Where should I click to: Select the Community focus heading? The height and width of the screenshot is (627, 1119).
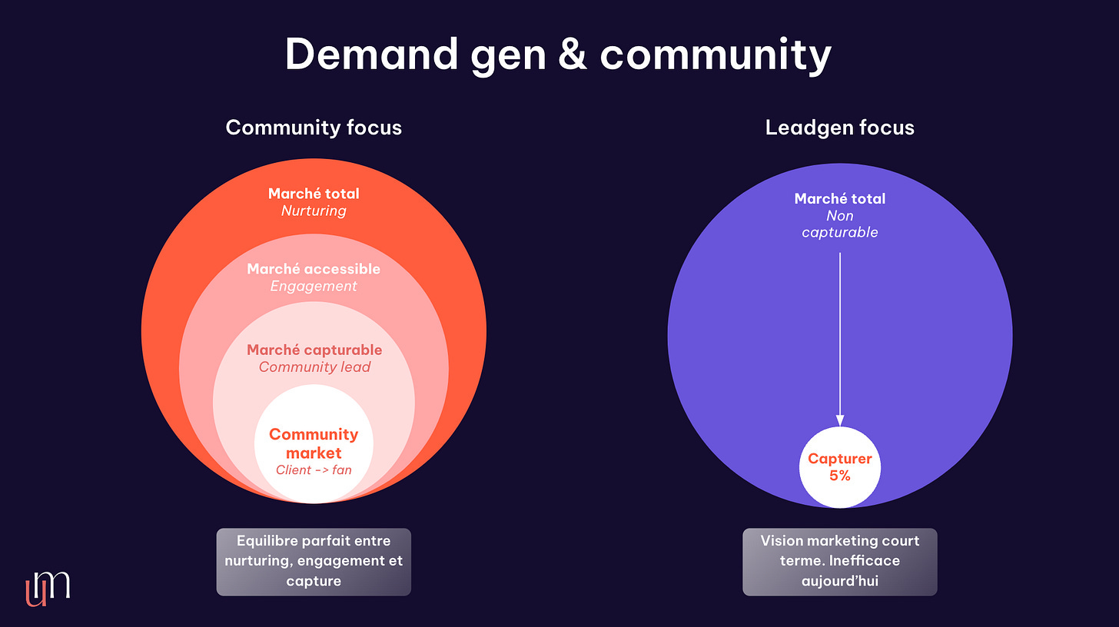tap(314, 127)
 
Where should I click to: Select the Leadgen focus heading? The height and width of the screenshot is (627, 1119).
tap(840, 127)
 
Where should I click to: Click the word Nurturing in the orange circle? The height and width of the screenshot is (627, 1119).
tap(314, 211)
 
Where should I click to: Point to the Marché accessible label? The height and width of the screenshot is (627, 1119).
tap(314, 269)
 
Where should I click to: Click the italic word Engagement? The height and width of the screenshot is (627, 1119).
tap(314, 287)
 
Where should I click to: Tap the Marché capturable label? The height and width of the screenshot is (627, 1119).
tap(314, 350)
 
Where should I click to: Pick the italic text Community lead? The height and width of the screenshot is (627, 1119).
tap(314, 367)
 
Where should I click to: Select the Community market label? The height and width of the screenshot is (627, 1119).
tap(314, 443)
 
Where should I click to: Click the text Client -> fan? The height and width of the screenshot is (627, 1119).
tap(314, 469)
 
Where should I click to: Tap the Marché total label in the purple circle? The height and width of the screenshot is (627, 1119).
tap(840, 198)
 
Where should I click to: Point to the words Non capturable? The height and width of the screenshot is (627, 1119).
tap(840, 224)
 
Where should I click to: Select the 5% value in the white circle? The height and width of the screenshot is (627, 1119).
tap(840, 476)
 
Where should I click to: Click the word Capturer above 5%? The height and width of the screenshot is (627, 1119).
tap(840, 459)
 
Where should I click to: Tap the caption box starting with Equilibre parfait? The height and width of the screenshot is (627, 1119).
tap(314, 561)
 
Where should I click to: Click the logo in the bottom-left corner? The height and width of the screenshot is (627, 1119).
tap(47, 588)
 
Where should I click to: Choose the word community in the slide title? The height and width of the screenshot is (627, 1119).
tap(716, 55)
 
